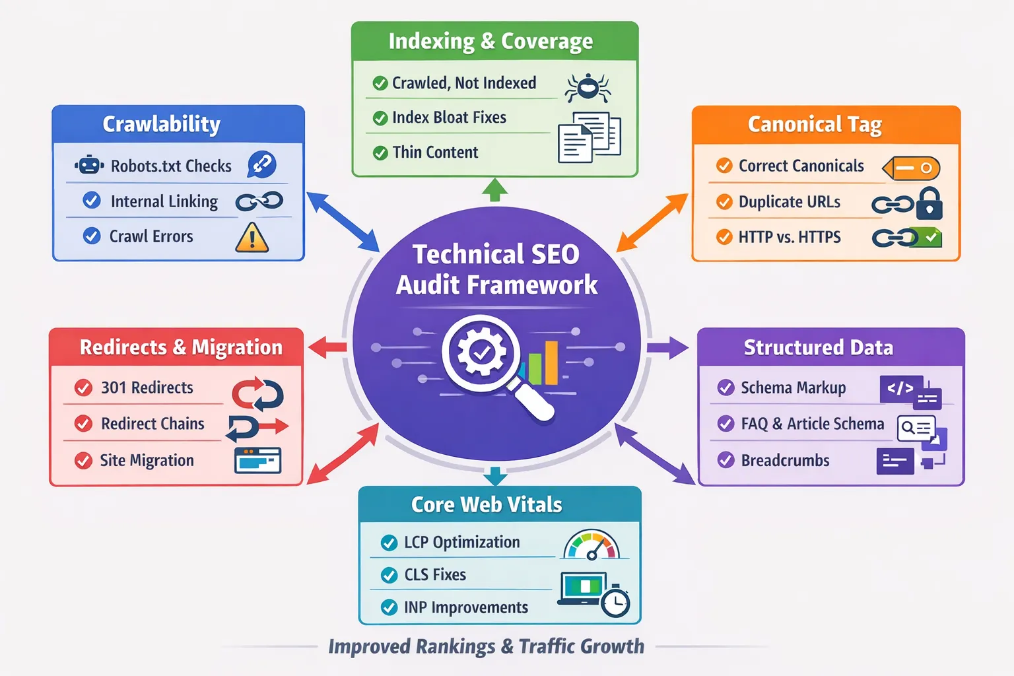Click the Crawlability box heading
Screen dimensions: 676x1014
[x=162, y=124]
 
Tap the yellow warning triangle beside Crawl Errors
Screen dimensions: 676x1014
[x=252, y=238]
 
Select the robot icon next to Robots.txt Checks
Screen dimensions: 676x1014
[x=89, y=165]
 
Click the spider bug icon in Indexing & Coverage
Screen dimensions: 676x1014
[x=587, y=87]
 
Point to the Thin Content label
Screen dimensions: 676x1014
[x=435, y=152]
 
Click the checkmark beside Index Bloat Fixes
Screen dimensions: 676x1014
[x=380, y=118]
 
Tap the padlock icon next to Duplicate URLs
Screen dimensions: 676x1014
[x=929, y=203]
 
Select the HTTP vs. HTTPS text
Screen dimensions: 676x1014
[x=790, y=237]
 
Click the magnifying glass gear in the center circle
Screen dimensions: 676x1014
[x=482, y=353]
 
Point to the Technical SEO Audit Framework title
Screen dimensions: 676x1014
[x=496, y=269]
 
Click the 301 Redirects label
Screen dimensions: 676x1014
[x=147, y=388]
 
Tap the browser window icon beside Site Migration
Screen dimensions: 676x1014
[x=257, y=460]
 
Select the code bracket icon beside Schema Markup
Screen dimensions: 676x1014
[x=900, y=389]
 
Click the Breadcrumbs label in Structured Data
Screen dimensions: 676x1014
[x=785, y=460]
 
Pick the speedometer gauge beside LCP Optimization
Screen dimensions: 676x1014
[x=591, y=545]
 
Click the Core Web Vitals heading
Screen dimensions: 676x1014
[x=487, y=505]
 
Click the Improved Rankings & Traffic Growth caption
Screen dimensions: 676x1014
[x=487, y=646]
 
